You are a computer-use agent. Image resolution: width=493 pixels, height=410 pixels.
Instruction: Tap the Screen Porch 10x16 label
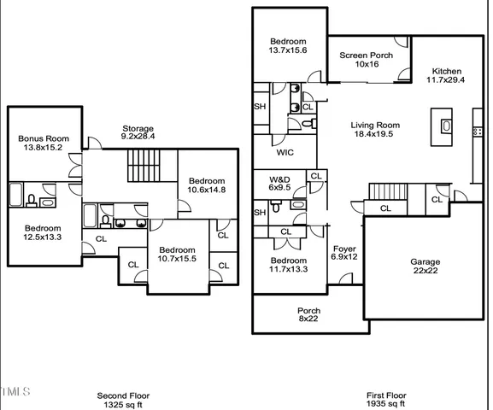[367, 60]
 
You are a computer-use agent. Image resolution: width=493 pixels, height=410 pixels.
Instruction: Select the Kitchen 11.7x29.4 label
[446, 76]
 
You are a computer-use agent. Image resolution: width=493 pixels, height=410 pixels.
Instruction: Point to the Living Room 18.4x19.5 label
[375, 130]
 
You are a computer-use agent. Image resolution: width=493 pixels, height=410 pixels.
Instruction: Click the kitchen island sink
[446, 126]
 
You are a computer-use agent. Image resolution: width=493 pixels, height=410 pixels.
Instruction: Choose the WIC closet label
[285, 154]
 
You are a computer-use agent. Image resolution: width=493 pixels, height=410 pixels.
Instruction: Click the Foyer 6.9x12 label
[344, 254]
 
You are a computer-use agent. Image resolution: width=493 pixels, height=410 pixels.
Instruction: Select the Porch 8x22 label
[308, 315]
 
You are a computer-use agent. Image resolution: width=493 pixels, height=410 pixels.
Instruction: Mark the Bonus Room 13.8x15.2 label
[44, 143]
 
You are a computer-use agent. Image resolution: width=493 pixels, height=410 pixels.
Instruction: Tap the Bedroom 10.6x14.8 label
[207, 185]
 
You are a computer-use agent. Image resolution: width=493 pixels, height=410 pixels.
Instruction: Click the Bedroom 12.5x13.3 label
[42, 233]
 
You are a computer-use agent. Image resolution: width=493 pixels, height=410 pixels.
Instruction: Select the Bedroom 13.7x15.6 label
[289, 46]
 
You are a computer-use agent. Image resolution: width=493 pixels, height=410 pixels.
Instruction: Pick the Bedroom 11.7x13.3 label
[289, 266]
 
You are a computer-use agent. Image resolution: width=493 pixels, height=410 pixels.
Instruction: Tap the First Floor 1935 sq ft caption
[386, 400]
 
